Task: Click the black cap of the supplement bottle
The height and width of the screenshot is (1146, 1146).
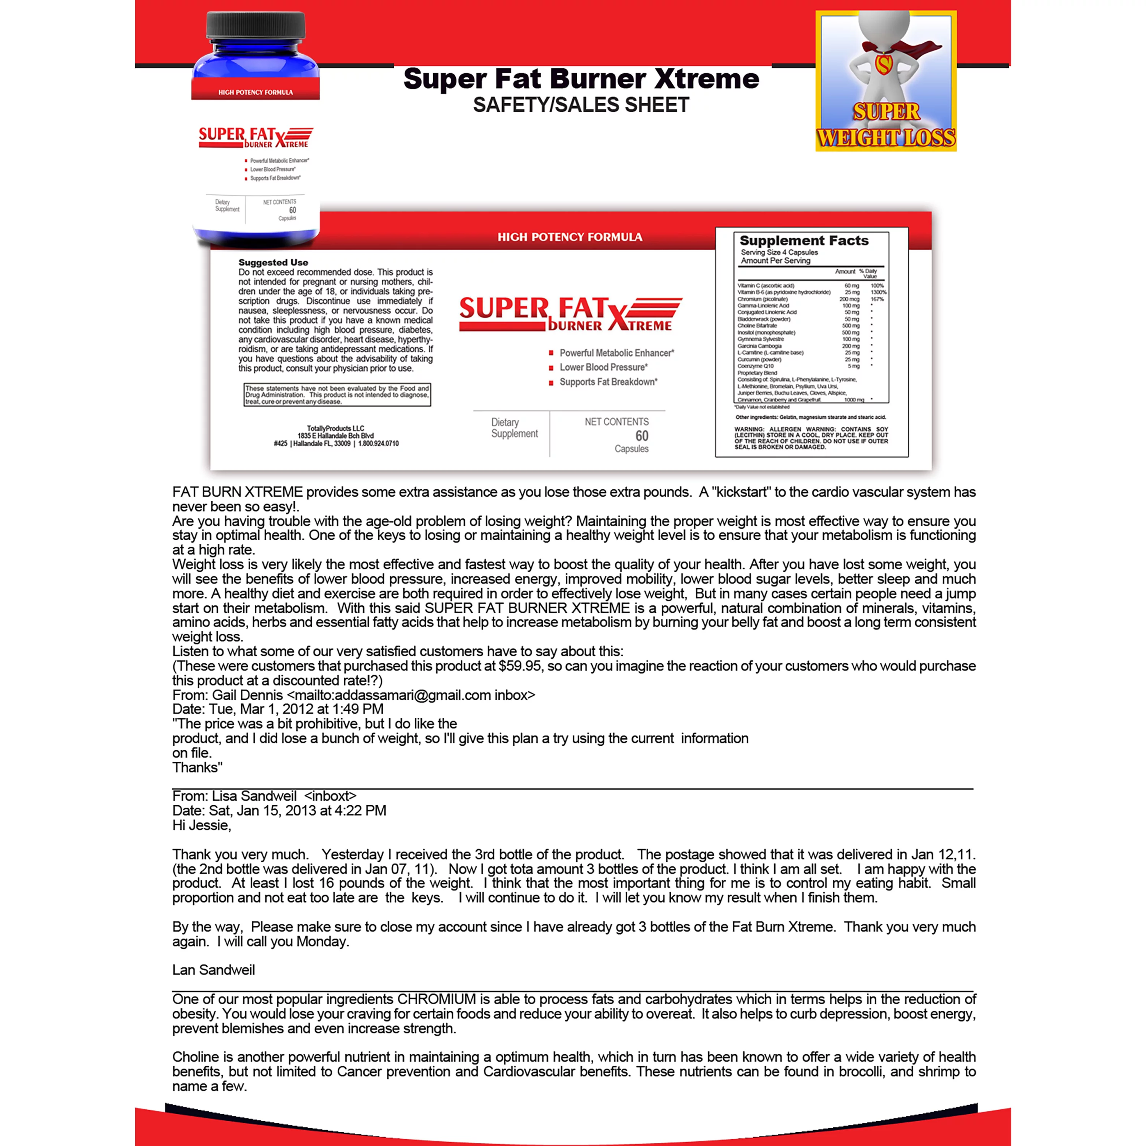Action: click(256, 32)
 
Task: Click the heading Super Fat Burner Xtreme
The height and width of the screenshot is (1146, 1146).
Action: click(581, 79)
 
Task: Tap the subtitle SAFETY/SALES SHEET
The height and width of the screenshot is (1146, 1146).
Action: click(581, 105)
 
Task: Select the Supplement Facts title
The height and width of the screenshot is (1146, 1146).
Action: click(804, 240)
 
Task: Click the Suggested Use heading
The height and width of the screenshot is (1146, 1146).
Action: click(273, 262)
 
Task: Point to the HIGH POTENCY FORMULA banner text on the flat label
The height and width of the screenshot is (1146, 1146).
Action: click(570, 237)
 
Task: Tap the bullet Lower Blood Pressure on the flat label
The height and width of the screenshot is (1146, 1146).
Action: click(603, 367)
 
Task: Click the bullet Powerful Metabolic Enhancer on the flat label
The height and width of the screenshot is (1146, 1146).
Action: click(616, 353)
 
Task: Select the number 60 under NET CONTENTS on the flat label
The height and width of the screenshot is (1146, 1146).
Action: click(642, 436)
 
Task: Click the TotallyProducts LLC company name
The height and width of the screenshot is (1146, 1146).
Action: click(336, 428)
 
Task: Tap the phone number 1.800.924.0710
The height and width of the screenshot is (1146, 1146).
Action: click(379, 444)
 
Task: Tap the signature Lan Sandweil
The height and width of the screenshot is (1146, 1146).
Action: click(214, 970)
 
